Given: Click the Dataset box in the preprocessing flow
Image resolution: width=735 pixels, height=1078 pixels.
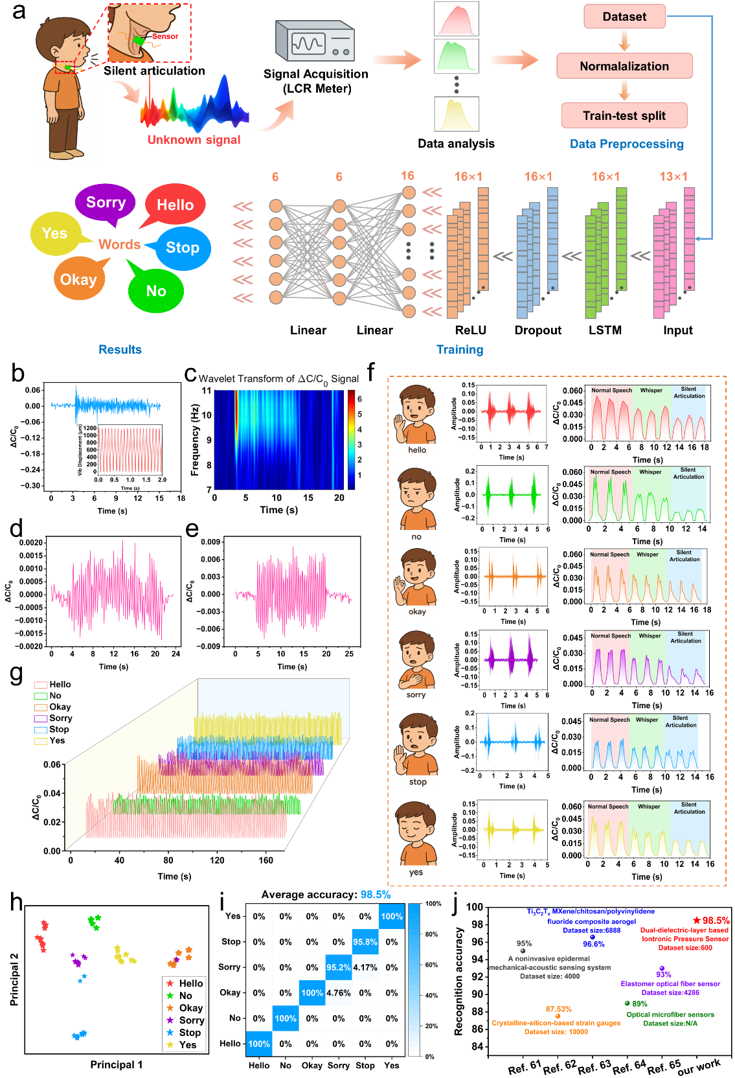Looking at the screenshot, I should tap(624, 17).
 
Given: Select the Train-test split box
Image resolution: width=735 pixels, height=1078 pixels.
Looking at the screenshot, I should tap(624, 116).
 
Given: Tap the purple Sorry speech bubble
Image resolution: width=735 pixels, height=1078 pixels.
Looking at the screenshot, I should tap(106, 203).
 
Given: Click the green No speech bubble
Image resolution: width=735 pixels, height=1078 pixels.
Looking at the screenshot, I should tap(155, 291).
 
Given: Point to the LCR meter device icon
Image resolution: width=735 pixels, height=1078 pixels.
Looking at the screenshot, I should tap(315, 41).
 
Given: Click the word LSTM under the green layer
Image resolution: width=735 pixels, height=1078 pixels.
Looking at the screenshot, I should tap(605, 330).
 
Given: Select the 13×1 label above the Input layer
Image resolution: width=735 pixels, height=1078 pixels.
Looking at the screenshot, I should tap(673, 177).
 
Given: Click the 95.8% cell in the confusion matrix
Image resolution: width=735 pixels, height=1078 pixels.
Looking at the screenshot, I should tap(365, 942).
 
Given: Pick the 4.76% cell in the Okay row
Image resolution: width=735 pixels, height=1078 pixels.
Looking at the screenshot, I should tap(339, 992).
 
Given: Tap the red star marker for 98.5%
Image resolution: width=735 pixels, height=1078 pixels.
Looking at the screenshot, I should tap(697, 920).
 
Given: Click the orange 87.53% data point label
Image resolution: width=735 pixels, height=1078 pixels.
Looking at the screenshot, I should tap(558, 1009).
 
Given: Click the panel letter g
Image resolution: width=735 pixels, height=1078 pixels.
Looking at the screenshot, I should tap(17, 674).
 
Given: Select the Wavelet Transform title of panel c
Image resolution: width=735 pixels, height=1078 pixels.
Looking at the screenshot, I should tap(278, 379).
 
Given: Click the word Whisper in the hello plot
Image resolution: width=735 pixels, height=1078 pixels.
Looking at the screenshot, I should tap(651, 391).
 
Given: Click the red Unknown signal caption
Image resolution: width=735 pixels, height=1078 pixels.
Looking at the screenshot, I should tap(194, 140).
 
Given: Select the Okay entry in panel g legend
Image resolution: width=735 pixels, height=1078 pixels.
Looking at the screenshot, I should tap(60, 707).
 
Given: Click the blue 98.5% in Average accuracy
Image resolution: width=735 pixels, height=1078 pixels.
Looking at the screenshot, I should tap(376, 895).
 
